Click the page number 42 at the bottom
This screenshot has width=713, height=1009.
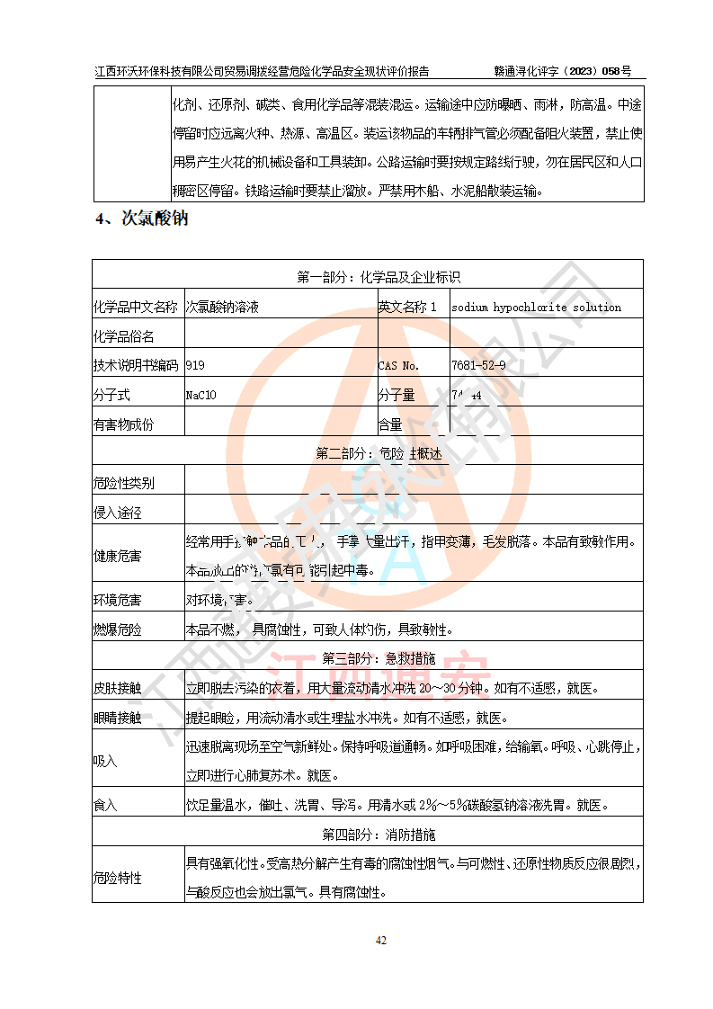[380, 941]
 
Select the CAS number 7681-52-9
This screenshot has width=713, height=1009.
[478, 365]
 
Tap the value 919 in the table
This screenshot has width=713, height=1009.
[195, 365]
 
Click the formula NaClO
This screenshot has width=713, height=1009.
[201, 395]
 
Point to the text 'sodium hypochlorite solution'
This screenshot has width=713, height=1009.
[536, 307]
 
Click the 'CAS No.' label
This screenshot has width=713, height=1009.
[398, 365]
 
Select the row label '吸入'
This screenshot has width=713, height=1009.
[105, 761]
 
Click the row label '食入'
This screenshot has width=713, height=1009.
[105, 804]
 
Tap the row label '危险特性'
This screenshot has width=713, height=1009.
[118, 878]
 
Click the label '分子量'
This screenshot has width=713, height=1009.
[396, 395]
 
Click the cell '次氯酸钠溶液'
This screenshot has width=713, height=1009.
[222, 307]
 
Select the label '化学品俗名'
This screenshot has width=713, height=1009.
[124, 336]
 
